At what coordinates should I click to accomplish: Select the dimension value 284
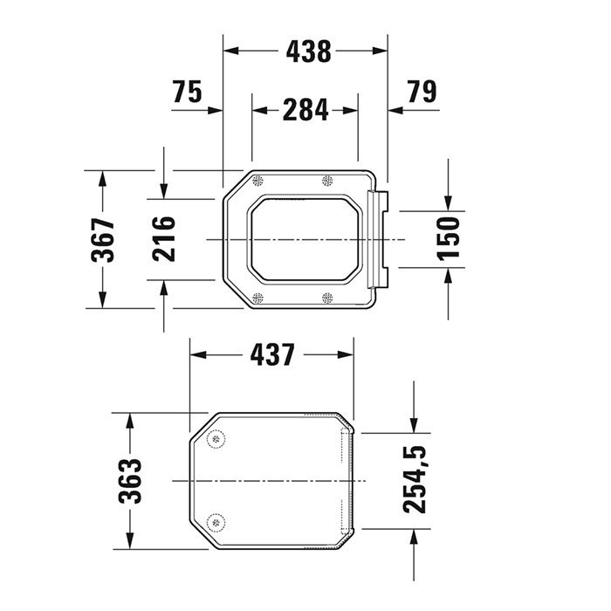305,110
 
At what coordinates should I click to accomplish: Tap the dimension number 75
188,91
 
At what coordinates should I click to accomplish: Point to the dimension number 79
421,91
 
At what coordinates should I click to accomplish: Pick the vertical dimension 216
165,239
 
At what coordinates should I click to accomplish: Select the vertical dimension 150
448,239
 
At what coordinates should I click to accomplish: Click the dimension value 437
272,354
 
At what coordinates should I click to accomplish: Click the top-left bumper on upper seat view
257,181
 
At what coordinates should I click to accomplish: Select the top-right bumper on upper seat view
328,181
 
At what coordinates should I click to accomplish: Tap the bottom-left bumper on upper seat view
257,298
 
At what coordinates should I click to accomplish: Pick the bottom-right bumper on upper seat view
328,298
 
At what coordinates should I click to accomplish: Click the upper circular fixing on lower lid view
216,440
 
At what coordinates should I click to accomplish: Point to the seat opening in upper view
305,238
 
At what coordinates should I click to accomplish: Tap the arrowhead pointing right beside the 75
217,110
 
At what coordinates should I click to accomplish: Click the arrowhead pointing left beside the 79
394,110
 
